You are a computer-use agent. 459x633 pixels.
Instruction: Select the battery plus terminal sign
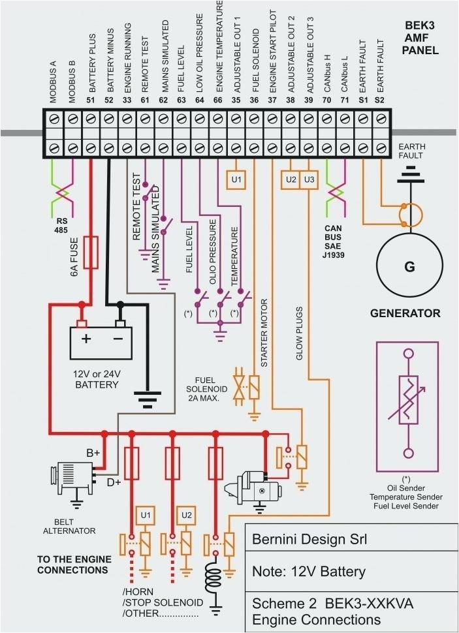[x=86, y=339]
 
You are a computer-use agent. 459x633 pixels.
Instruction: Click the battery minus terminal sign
[x=118, y=339]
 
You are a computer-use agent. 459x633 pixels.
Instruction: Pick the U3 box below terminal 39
[x=309, y=179]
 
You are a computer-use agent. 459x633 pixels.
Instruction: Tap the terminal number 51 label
[x=91, y=100]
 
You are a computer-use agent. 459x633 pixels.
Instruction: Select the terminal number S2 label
[x=380, y=100]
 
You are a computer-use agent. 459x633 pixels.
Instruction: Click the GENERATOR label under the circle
[x=405, y=313]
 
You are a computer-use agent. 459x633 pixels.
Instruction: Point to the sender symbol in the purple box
[x=409, y=405]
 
